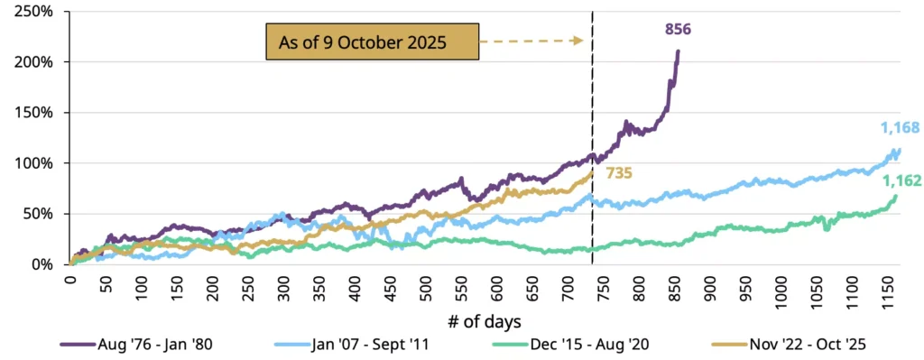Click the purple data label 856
(x=678, y=30)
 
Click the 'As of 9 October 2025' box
(x=370, y=42)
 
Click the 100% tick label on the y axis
(x=37, y=163)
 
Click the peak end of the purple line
(x=679, y=51)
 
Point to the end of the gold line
(x=592, y=171)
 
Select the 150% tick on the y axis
(x=37, y=113)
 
